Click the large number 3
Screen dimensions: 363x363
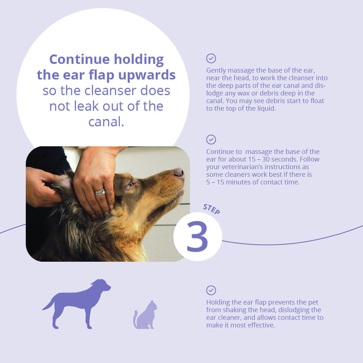pos(197,236)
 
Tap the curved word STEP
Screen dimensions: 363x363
pos(212,209)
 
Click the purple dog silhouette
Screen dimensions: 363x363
pos(76,304)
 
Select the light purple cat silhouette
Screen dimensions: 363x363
pos(145,315)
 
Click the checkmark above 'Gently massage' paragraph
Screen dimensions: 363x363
pos(211,59)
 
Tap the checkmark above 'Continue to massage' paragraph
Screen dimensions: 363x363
pos(211,139)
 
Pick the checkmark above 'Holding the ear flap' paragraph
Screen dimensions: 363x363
pos(211,290)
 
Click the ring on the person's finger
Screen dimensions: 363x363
pos(100,192)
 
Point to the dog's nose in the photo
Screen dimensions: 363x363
pos(179,172)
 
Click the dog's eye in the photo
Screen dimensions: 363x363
pos(131,185)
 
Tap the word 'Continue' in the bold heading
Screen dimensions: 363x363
pos(79,60)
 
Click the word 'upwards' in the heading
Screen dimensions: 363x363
pos(147,75)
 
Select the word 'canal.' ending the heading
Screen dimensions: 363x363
pos(106,122)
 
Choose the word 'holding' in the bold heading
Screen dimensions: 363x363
pos(139,60)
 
